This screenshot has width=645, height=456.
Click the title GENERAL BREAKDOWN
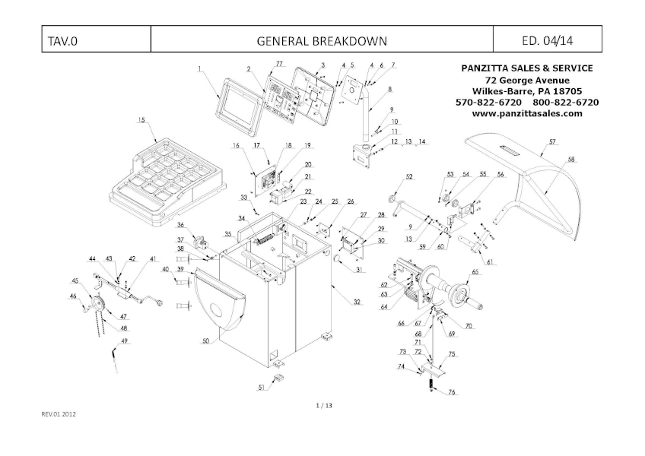[x=322, y=40]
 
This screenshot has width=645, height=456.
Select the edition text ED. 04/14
[x=548, y=40]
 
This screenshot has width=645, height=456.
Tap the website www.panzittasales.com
[x=527, y=113]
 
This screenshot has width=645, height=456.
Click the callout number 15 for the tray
[x=141, y=120]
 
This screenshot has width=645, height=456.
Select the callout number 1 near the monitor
[x=199, y=69]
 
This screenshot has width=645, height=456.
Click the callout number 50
[x=205, y=343]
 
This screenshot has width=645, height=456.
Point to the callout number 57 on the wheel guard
[x=553, y=141]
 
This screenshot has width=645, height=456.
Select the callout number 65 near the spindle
[x=475, y=271]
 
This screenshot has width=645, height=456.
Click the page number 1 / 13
[x=323, y=406]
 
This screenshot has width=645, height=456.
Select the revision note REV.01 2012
[x=59, y=414]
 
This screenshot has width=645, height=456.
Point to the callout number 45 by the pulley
[x=75, y=280]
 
